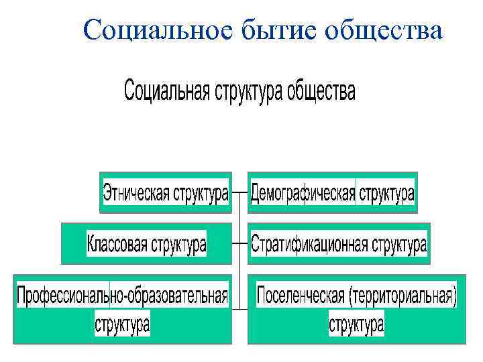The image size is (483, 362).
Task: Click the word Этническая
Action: (136, 194)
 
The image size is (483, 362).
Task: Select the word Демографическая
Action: (303, 194)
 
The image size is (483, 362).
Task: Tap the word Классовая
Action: (117, 244)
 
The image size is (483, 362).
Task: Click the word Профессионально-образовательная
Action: (122, 295)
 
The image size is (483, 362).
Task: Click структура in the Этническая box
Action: (201, 194)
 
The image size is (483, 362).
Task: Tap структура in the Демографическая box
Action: (386, 194)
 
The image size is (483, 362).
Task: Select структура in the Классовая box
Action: (178, 244)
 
